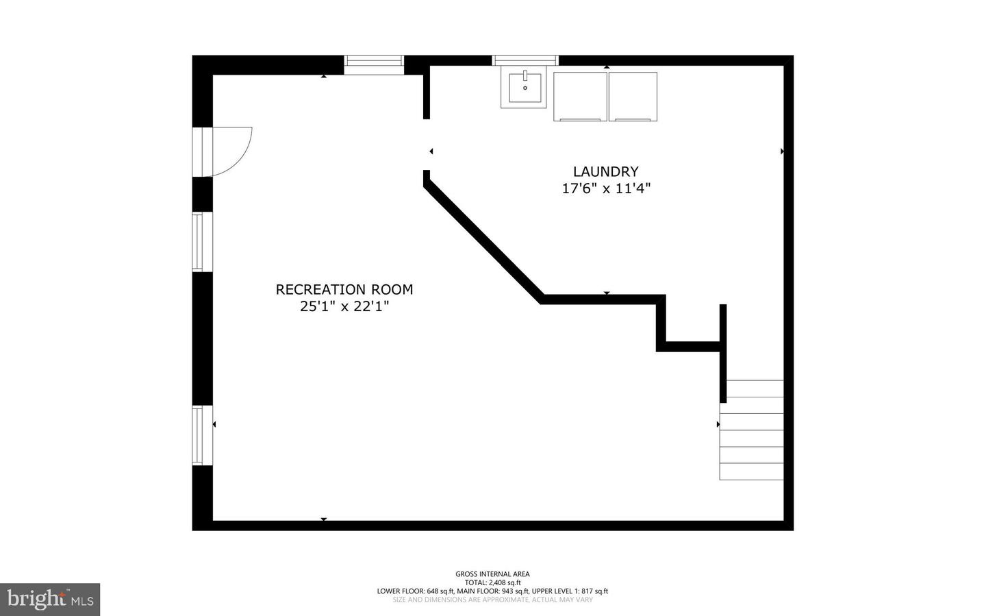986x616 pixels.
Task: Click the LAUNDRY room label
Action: [605, 172]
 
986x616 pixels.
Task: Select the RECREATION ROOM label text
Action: [344, 290]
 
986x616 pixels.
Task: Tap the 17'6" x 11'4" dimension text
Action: [605, 188]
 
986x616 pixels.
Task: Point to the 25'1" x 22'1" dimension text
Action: [344, 306]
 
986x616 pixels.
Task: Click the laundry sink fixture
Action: [524, 88]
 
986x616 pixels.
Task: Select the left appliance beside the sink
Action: [580, 97]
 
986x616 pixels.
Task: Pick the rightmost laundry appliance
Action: [633, 97]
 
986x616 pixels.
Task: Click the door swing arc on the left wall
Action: [233, 151]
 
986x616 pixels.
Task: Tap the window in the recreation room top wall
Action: [373, 64]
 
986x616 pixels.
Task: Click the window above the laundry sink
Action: [525, 60]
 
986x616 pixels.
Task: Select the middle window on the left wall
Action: [198, 242]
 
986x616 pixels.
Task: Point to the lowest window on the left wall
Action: [198, 435]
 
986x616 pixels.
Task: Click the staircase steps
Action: [751, 430]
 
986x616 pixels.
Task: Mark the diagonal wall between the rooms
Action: [483, 237]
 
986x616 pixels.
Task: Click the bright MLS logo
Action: [50, 600]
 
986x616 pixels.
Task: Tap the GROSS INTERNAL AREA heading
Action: [492, 574]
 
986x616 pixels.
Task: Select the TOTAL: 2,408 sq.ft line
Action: [492, 582]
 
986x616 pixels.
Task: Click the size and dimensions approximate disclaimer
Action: [492, 600]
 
